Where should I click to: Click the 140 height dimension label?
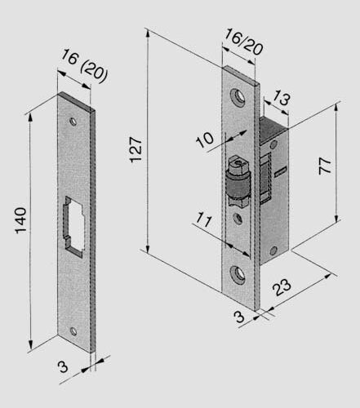tap(20, 222)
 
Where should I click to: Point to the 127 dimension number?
tap(138, 147)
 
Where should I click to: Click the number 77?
tap(325, 166)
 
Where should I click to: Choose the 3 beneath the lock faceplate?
tap(240, 317)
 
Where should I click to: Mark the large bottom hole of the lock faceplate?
tap(239, 273)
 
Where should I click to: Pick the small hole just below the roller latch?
tap(238, 219)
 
